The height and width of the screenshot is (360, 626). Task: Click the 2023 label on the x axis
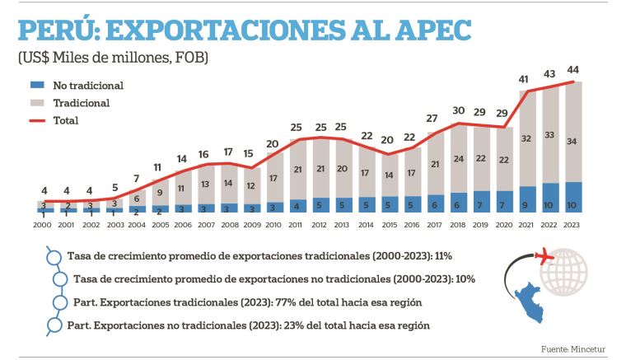572,223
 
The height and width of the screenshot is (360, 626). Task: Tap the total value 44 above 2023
572,69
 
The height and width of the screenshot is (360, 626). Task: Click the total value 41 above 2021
525,79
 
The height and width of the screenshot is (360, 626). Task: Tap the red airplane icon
544,257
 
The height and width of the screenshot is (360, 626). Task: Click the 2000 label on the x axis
41,223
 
